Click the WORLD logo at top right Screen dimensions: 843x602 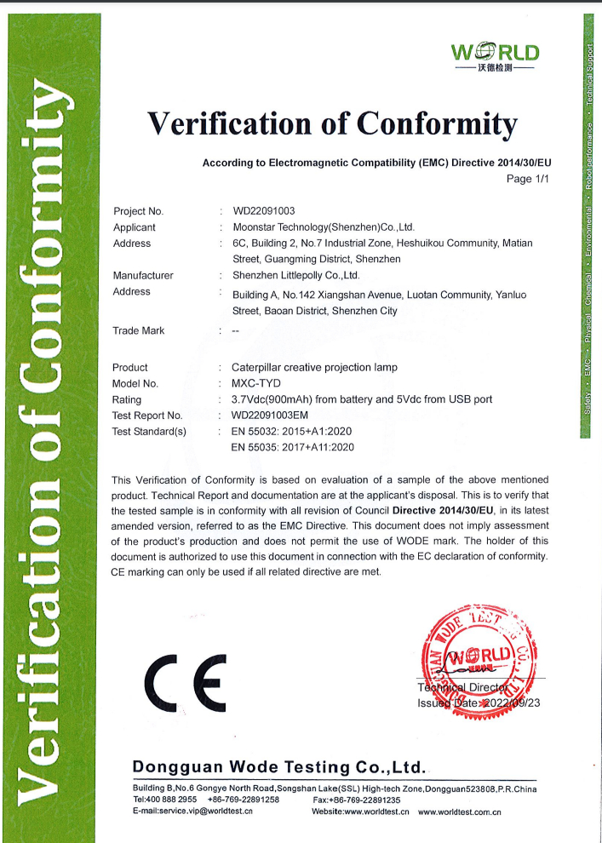(495, 55)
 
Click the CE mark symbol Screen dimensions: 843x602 (186, 683)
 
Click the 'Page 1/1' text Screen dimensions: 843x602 (530, 180)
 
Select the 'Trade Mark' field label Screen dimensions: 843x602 (139, 330)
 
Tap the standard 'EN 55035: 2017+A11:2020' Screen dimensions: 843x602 (292, 446)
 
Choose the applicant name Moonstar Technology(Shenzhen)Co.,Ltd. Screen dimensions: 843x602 (323, 227)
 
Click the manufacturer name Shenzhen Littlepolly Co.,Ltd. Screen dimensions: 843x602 (295, 275)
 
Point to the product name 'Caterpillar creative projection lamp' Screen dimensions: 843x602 (314, 367)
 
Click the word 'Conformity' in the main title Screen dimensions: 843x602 (436, 125)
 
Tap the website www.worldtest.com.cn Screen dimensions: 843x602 (459, 811)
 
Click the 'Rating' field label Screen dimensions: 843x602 (128, 399)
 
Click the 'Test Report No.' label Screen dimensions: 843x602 (147, 415)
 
